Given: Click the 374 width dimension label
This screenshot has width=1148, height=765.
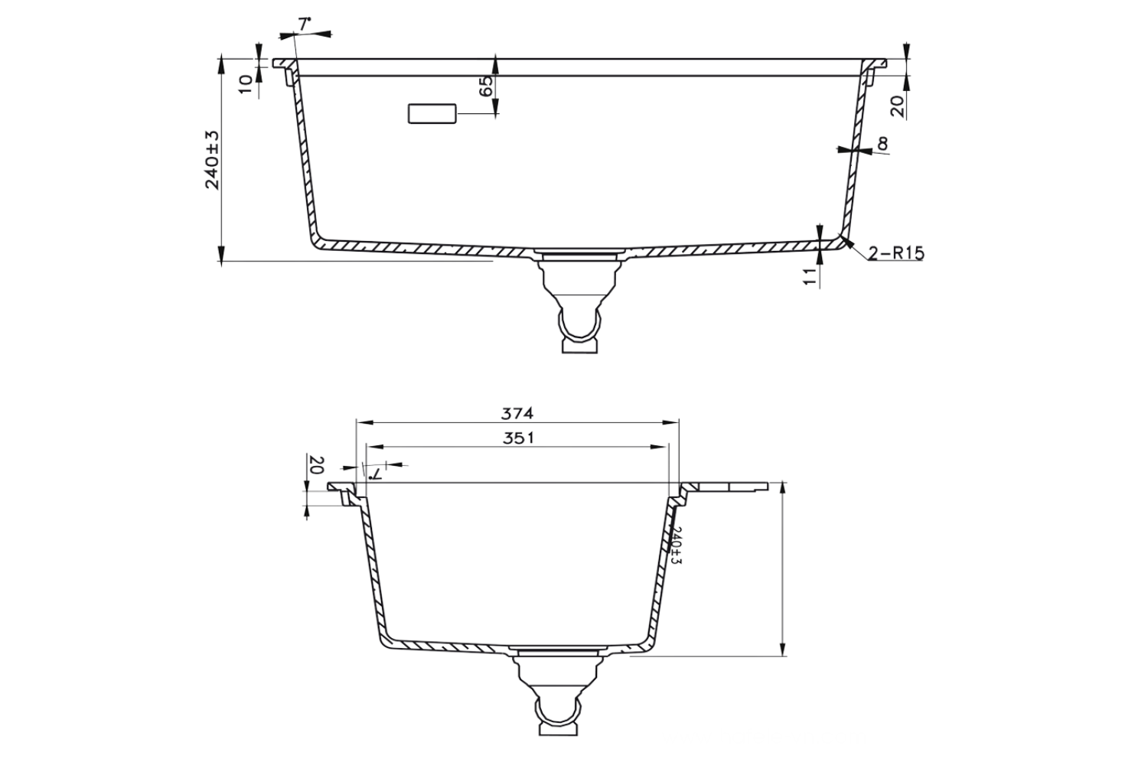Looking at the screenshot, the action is pyautogui.click(x=517, y=413).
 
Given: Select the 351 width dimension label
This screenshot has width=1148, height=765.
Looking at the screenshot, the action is pyautogui.click(x=518, y=438).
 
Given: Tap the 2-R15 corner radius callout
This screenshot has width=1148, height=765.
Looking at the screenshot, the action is pyautogui.click(x=896, y=252).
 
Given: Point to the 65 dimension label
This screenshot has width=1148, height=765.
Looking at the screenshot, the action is pyautogui.click(x=487, y=86).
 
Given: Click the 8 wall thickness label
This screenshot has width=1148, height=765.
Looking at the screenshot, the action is pyautogui.click(x=882, y=145).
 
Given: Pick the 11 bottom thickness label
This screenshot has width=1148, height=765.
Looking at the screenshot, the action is pyautogui.click(x=809, y=276).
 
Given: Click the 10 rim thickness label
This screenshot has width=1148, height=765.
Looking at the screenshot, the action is pyautogui.click(x=246, y=84).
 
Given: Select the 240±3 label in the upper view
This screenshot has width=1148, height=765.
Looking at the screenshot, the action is pyautogui.click(x=212, y=160).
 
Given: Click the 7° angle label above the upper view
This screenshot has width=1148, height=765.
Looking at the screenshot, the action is pyautogui.click(x=305, y=24).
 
